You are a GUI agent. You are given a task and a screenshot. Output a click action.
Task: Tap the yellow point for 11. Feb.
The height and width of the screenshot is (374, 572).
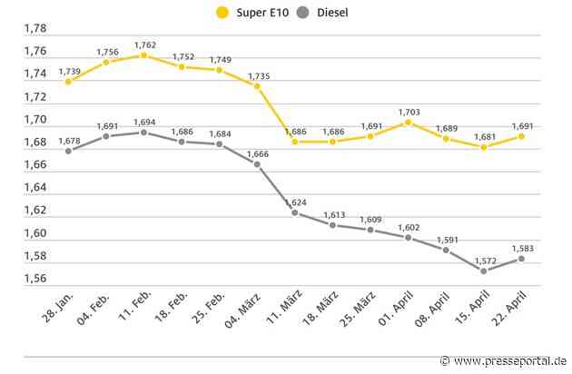pos(143,55)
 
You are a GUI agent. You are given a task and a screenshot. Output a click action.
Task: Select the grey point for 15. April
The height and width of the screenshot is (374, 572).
pos(483,271)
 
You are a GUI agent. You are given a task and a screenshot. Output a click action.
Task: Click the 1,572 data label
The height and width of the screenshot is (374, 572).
pos(484,257)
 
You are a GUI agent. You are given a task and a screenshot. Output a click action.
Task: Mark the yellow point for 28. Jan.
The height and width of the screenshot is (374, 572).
pos(68,82)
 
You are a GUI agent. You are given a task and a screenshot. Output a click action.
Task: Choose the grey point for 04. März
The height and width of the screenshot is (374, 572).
pos(257,164)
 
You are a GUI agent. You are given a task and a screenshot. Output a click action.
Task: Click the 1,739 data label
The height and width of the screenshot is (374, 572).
pos(68,70)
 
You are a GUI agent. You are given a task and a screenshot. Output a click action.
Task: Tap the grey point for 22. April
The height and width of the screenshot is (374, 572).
pos(521,259)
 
